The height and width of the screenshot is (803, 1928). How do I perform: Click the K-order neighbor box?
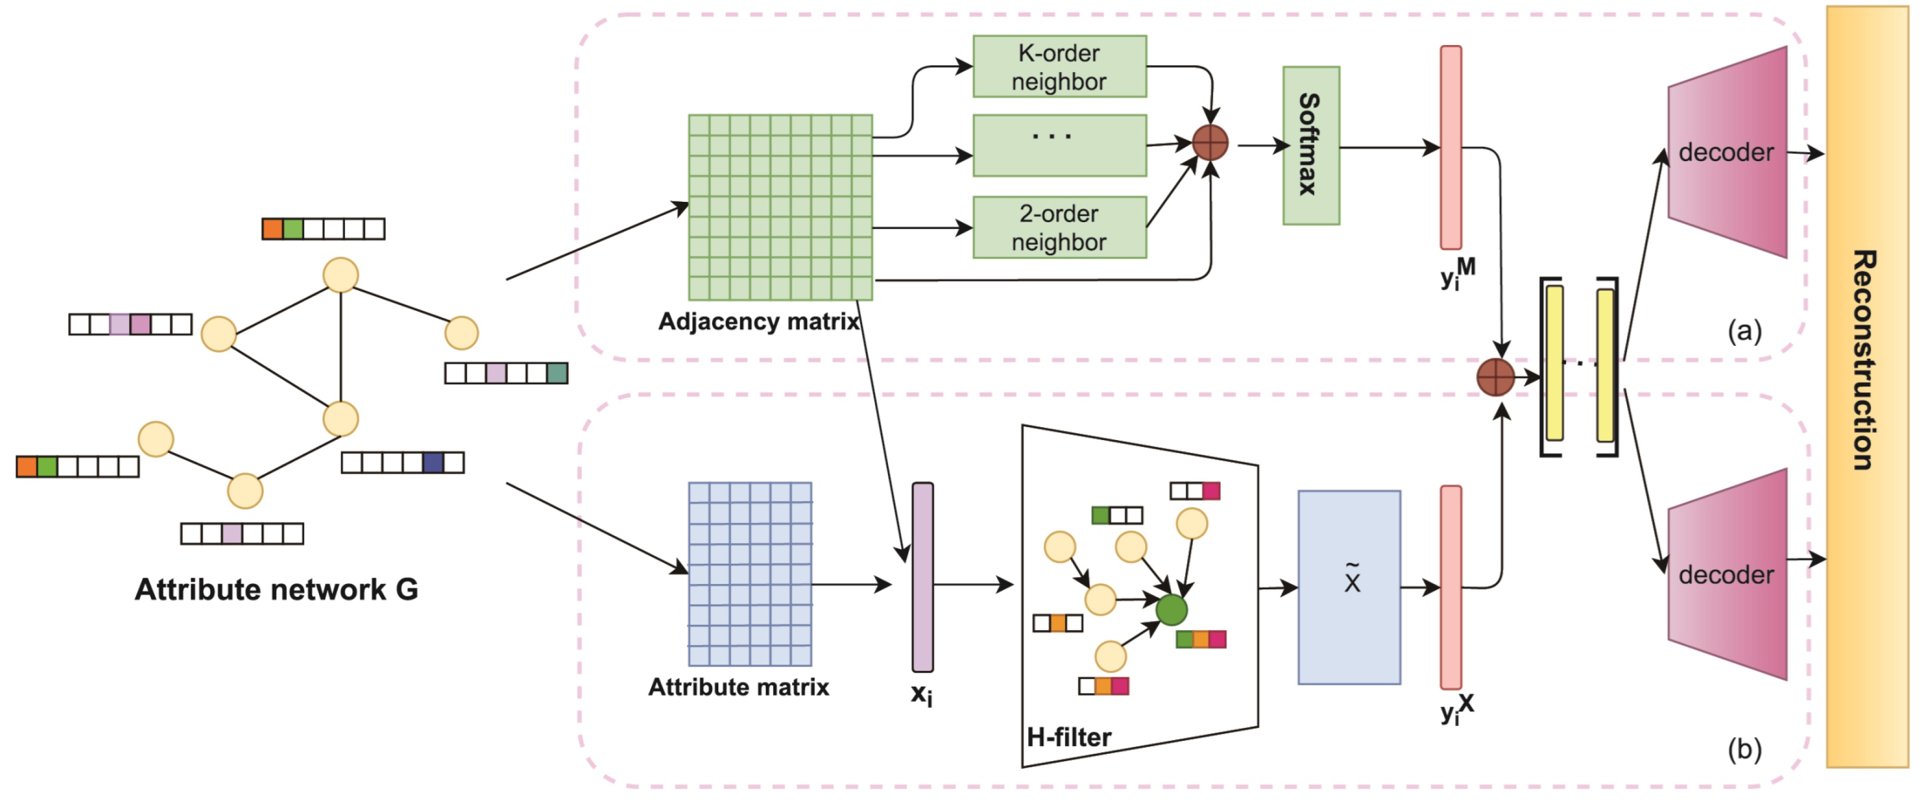[x=1059, y=66]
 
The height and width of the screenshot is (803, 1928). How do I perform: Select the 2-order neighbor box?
[x=1059, y=228]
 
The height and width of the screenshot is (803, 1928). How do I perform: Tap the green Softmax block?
[x=1311, y=145]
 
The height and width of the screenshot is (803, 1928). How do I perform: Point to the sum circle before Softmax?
[x=1209, y=142]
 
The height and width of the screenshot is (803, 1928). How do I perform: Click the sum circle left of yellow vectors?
[x=1495, y=377]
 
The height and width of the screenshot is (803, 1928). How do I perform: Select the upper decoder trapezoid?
[x=1727, y=153]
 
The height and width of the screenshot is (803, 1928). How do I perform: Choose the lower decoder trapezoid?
[x=1727, y=575]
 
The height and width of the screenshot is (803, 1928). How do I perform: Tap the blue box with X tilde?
[x=1349, y=587]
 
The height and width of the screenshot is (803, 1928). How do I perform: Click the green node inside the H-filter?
[x=1171, y=610]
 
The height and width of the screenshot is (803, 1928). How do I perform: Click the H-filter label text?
[x=1069, y=737]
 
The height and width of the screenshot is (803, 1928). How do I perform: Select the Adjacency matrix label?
[x=758, y=322]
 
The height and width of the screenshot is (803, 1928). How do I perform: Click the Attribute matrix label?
[x=738, y=687]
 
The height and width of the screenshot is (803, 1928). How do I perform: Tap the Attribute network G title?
[x=276, y=590]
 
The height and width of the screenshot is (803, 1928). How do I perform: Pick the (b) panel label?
[x=1744, y=748]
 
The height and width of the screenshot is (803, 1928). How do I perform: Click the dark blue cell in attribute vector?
[x=433, y=463]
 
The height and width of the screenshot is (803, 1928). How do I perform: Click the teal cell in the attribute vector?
[x=557, y=373]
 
